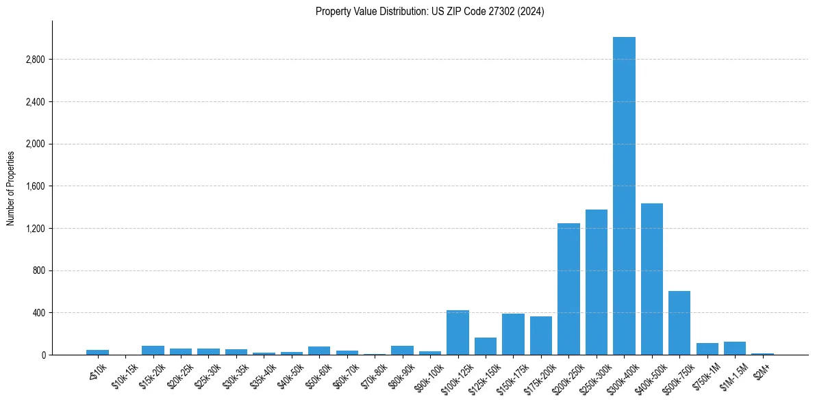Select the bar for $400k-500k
click(x=652, y=279)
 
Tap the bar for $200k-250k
click(x=568, y=289)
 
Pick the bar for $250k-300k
click(x=597, y=282)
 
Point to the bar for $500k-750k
click(x=679, y=323)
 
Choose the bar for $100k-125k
click(x=457, y=332)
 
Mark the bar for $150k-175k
click(x=513, y=334)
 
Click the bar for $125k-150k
click(x=486, y=346)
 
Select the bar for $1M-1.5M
click(x=735, y=348)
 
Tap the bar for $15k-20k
click(x=153, y=350)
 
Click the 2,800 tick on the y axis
click(x=35, y=60)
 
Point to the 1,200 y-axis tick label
click(x=35, y=229)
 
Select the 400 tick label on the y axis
click(x=38, y=313)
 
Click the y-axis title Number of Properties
click(x=11, y=188)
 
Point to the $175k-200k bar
click(x=541, y=336)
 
